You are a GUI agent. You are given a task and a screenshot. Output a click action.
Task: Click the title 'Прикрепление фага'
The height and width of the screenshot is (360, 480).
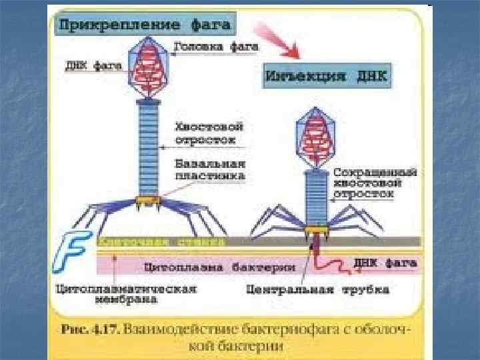[x=145, y=25]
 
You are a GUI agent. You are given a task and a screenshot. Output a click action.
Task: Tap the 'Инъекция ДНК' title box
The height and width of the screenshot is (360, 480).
[x=327, y=75]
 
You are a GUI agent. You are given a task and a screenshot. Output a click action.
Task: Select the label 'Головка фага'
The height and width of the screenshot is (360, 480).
[x=216, y=48]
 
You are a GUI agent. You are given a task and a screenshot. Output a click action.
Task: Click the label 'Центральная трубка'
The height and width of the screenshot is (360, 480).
[x=317, y=289]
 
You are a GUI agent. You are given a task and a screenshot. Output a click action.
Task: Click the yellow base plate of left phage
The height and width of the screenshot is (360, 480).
[x=145, y=199]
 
